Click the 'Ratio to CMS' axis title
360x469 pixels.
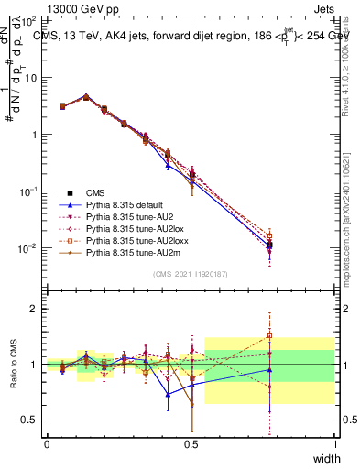[x=15, y=365]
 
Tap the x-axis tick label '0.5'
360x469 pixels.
[x=191, y=443]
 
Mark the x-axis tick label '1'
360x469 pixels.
[x=334, y=443]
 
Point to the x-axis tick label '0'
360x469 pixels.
[x=47, y=443]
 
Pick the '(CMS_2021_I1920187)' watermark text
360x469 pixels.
[x=191, y=274]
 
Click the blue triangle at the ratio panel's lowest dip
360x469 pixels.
[x=168, y=395]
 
